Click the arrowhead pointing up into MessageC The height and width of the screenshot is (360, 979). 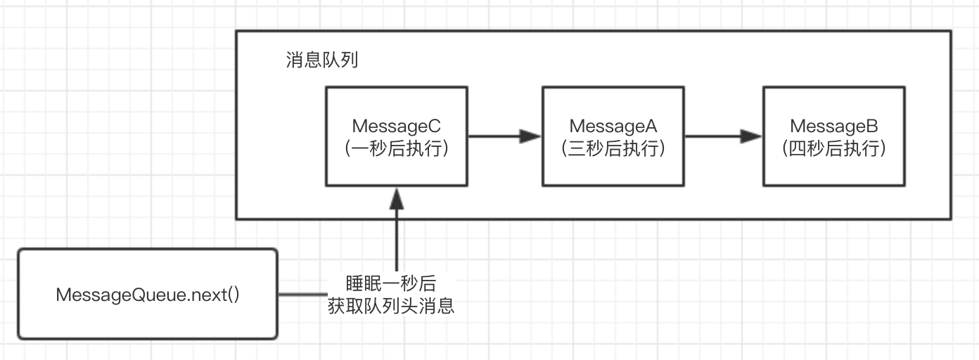pyautogui.click(x=397, y=196)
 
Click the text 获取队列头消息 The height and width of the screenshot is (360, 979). pyautogui.click(x=391, y=307)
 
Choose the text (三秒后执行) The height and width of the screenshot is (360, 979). pyautogui.click(x=613, y=149)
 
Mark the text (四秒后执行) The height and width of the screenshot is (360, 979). pyautogui.click(x=834, y=149)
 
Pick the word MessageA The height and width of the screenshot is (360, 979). pyautogui.click(x=613, y=127)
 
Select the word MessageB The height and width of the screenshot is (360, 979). pyautogui.click(x=834, y=127)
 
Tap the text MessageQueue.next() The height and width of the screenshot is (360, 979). pyautogui.click(x=148, y=294)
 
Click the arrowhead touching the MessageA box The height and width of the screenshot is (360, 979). pyautogui.click(x=531, y=136)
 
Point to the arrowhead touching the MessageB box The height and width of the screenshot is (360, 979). pyautogui.click(x=752, y=136)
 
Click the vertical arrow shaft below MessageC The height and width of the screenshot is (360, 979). pyautogui.click(x=397, y=239)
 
